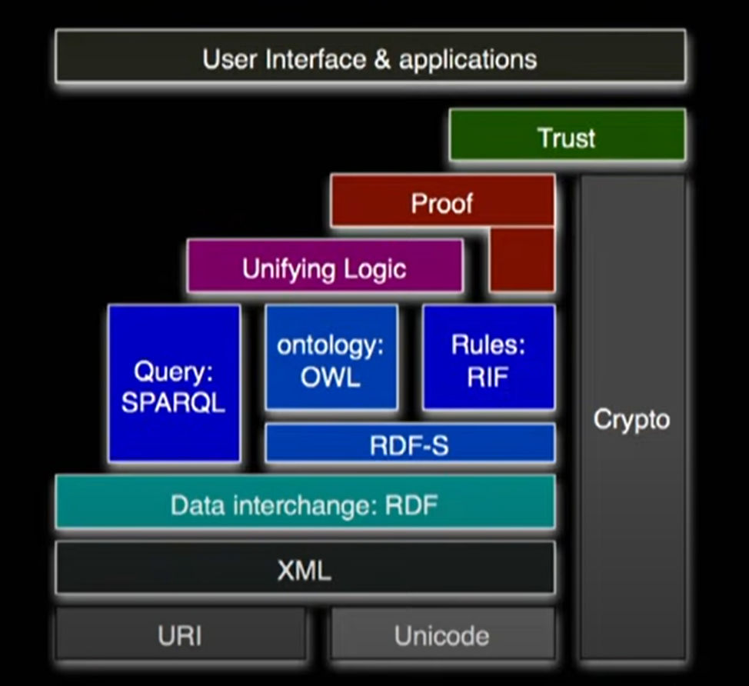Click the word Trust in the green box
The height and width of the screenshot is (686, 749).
point(566,138)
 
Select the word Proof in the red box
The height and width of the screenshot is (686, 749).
point(441,203)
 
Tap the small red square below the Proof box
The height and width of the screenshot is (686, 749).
point(521,260)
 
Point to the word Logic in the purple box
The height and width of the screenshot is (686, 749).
point(374,269)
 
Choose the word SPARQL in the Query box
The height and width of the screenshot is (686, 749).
point(173,402)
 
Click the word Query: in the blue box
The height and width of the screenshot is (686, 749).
point(173,372)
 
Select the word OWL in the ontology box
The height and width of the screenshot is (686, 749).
point(331,378)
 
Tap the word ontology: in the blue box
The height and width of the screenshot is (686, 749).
point(331,345)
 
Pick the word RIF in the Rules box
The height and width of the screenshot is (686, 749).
point(488,378)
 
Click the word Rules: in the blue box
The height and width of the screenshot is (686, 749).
point(488,345)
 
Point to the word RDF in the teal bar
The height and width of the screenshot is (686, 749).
point(411,505)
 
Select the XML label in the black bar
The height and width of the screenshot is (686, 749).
point(305,570)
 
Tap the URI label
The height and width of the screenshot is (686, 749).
point(180,635)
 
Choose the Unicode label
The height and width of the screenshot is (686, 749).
point(441,635)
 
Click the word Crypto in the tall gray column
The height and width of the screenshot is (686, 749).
point(631,420)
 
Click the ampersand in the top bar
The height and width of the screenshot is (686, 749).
point(382,59)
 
